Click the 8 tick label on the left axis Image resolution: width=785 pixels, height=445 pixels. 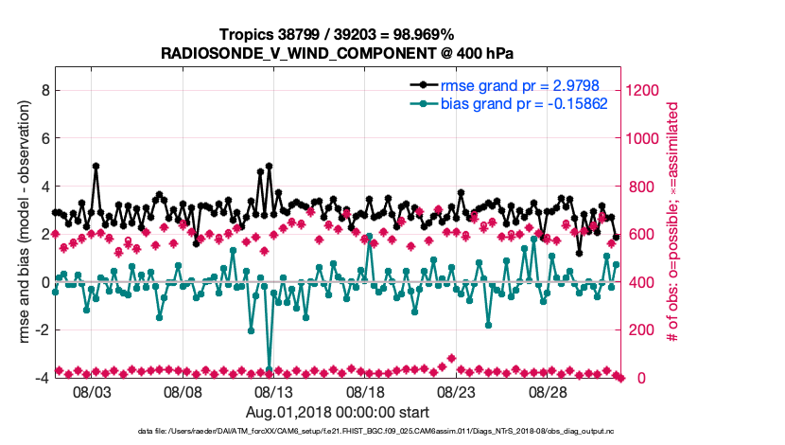(x=44, y=91)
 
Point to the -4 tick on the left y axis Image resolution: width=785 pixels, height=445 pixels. (x=42, y=378)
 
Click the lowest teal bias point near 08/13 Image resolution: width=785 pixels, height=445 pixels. (x=270, y=369)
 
